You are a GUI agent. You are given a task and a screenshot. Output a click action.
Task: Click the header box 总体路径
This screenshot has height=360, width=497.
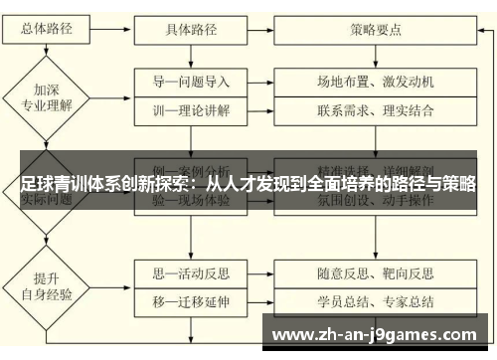(x=45, y=30)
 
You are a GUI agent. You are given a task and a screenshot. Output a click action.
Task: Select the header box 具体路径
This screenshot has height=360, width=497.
(x=192, y=30)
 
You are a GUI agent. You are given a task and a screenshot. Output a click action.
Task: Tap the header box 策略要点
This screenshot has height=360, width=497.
(x=376, y=30)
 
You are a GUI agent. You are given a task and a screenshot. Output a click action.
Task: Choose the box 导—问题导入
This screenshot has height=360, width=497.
(x=192, y=81)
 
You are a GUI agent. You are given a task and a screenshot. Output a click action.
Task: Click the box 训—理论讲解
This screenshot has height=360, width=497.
(x=192, y=109)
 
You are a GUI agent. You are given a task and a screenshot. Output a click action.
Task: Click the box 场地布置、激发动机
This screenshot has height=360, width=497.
(x=376, y=81)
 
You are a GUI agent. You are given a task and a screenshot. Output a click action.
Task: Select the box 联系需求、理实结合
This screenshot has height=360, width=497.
(x=376, y=109)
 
